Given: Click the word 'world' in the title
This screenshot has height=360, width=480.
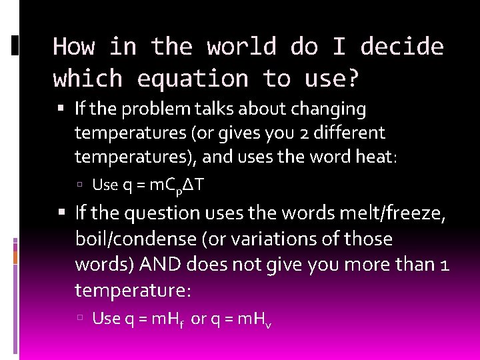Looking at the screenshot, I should pyautogui.click(x=241, y=47).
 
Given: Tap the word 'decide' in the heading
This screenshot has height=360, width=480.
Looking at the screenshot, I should pyautogui.click(x=402, y=47).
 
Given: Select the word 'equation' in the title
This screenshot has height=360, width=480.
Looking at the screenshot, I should pyautogui.click(x=191, y=79).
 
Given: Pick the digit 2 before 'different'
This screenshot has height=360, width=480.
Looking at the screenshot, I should pyautogui.click(x=301, y=133).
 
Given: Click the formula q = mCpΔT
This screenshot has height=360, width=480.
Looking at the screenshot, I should pyautogui.click(x=163, y=185).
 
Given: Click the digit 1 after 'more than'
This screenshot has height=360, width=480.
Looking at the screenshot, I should pyautogui.click(x=445, y=264).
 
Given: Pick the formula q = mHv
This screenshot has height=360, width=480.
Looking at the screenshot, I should pyautogui.click(x=241, y=319).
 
